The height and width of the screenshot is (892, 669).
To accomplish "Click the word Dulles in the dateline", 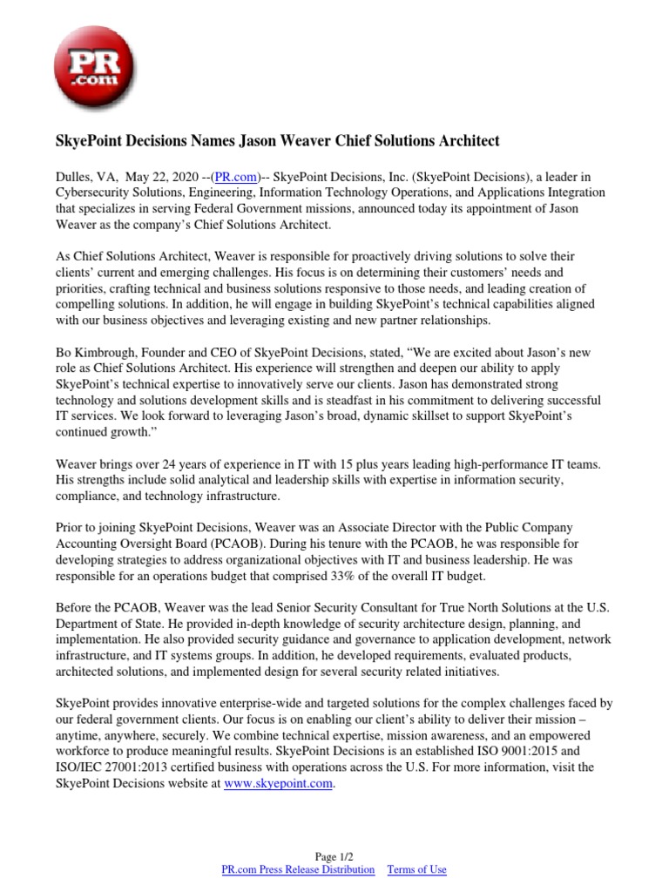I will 74,175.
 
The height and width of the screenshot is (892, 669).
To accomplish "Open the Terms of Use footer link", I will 416,869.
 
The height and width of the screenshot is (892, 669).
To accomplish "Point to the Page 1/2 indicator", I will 334,856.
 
